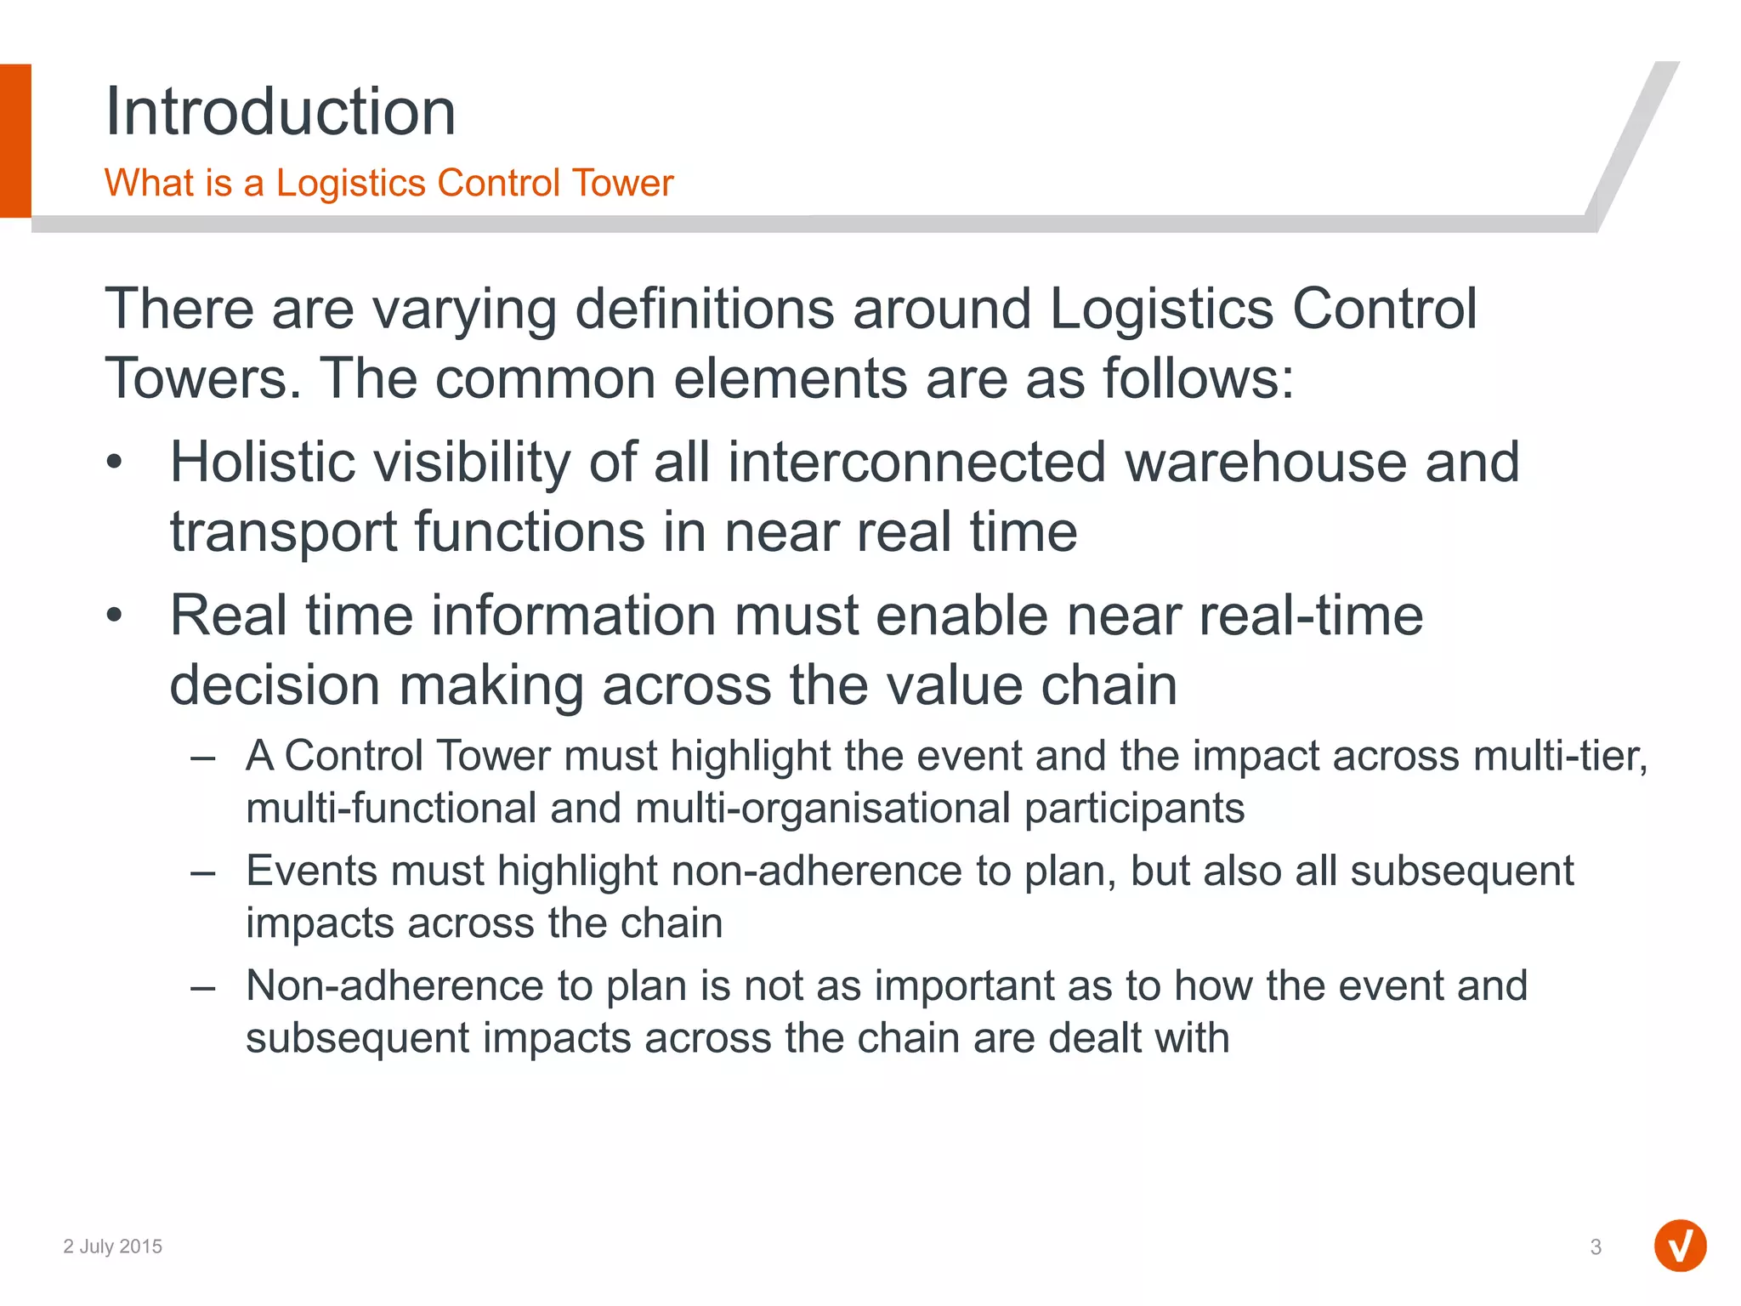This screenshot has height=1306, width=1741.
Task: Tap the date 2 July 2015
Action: tap(112, 1246)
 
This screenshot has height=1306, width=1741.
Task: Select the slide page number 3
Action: tap(1596, 1247)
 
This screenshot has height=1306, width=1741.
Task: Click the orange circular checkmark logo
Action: tap(1680, 1246)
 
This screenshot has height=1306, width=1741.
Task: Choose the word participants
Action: tap(1134, 808)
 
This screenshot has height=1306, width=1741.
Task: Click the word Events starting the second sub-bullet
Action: tap(310, 871)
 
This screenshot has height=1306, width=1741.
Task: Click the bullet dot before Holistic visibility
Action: tap(115, 463)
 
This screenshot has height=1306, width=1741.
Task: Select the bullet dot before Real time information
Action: tap(115, 616)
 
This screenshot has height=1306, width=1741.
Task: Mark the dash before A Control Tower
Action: tap(203, 757)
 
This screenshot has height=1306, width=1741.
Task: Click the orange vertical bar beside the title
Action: tap(15, 140)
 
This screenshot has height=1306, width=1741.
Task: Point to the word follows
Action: tap(1198, 378)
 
